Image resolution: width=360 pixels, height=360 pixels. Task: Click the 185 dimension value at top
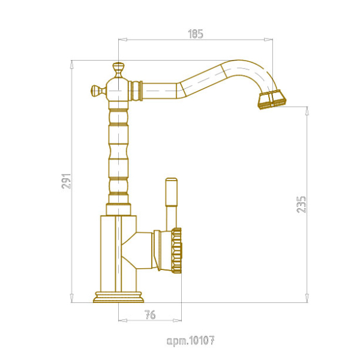(196, 34)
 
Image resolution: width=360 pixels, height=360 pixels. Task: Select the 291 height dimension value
(67, 181)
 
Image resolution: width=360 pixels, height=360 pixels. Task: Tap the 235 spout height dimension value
(301, 205)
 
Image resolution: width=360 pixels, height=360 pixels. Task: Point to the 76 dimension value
(150, 314)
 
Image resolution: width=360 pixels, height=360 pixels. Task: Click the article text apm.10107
(191, 340)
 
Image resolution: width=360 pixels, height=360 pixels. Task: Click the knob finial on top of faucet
(118, 70)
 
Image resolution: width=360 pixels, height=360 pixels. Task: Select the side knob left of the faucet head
(98, 90)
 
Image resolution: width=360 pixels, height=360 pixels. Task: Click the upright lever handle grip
(172, 192)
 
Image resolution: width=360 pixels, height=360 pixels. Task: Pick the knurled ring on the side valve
(176, 250)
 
